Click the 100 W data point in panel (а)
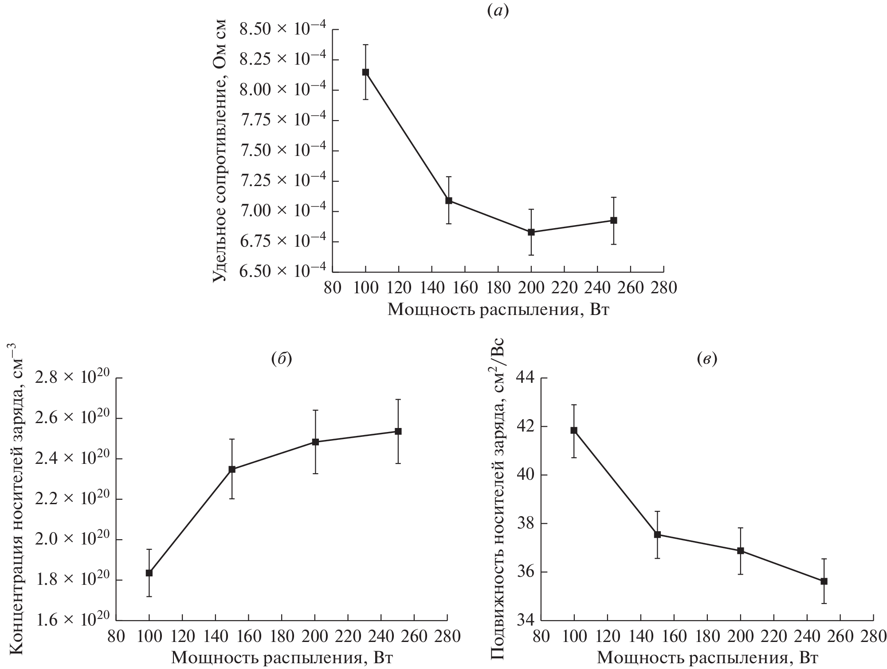pyautogui.click(x=365, y=72)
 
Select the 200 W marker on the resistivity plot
pyautogui.click(x=531, y=232)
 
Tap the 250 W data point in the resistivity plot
pyautogui.click(x=614, y=220)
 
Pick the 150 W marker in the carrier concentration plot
pyautogui.click(x=232, y=469)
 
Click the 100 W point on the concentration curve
pyautogui.click(x=149, y=573)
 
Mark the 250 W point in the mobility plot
pyautogui.click(x=824, y=581)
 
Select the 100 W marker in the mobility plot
pyautogui.click(x=574, y=430)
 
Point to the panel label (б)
pyautogui.click(x=282, y=359)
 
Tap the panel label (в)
pyautogui.click(x=707, y=359)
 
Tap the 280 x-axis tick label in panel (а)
pyautogui.click(x=663, y=288)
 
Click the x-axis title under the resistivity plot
pyautogui.click(x=498, y=309)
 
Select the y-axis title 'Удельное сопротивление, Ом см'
pyautogui.click(x=220, y=151)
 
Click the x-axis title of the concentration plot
pyautogui.click(x=282, y=658)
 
